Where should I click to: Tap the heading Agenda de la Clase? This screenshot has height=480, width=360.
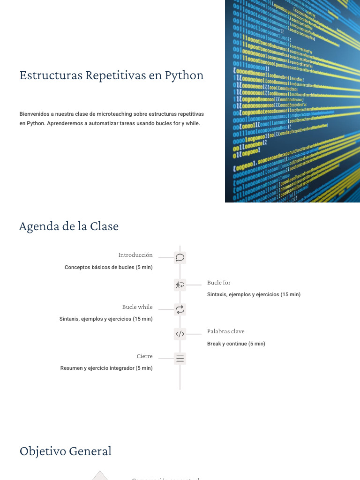pyautogui.click(x=68, y=226)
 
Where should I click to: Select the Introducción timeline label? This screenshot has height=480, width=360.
pyautogui.click(x=135, y=255)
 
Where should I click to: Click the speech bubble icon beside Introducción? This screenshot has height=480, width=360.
pyautogui.click(x=180, y=257)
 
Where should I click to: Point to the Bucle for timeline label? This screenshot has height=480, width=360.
pyautogui.click(x=219, y=283)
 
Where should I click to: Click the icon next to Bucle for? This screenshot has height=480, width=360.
pyautogui.click(x=180, y=285)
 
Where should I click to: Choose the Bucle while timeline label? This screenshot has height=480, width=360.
pyautogui.click(x=137, y=307)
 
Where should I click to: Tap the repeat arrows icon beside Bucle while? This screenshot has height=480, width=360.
pyautogui.click(x=180, y=309)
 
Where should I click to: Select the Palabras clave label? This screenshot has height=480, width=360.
pyautogui.click(x=226, y=331)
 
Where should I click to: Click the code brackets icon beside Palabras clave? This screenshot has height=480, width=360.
pyautogui.click(x=180, y=334)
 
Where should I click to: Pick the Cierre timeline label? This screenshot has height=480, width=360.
pyautogui.click(x=144, y=356)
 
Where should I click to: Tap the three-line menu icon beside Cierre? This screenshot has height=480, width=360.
pyautogui.click(x=180, y=359)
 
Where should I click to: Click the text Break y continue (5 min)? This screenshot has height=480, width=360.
pyautogui.click(x=236, y=344)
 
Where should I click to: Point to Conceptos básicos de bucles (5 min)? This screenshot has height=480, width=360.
pyautogui.click(x=108, y=267)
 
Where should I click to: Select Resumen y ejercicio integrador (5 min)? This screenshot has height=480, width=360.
pyautogui.click(x=106, y=368)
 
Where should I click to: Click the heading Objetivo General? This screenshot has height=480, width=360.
pyautogui.click(x=66, y=451)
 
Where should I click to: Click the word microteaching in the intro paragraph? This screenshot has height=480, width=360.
pyautogui.click(x=115, y=114)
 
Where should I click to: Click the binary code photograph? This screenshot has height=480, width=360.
pyautogui.click(x=292, y=101)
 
